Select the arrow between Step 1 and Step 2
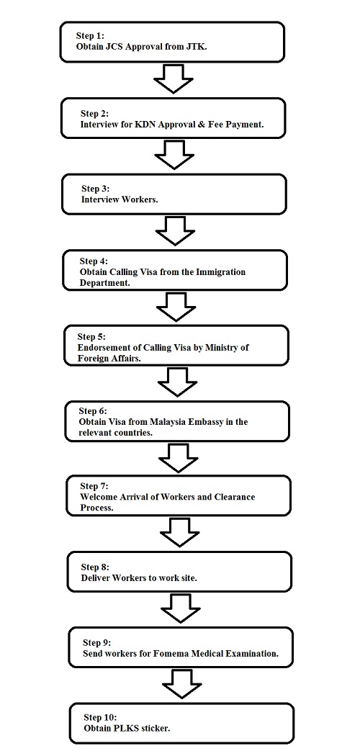coord(174,79)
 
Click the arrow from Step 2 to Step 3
coord(175,154)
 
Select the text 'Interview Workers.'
coord(120,199)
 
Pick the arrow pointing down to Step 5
coord(176,307)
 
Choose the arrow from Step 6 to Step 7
coord(178,457)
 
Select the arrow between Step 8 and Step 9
coord(181,608)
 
